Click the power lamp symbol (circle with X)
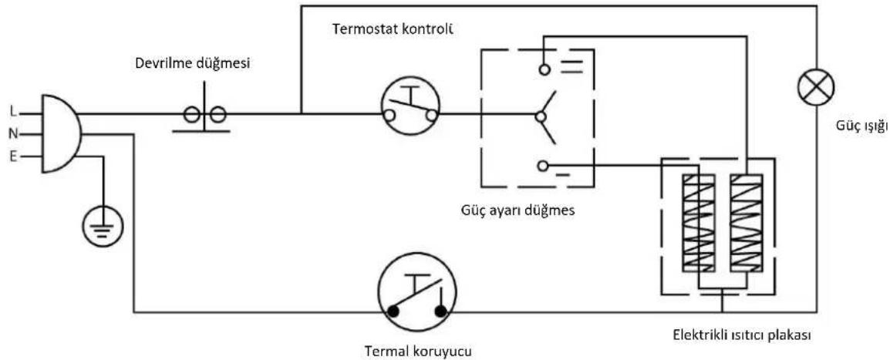[x=816, y=88]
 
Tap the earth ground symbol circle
[x=102, y=225]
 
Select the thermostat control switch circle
[x=410, y=104]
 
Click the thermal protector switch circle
[x=416, y=298]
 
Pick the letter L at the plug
[x=14, y=113]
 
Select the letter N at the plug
[x=12, y=134]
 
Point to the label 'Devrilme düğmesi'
[x=192, y=63]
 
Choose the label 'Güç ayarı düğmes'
[x=517, y=211]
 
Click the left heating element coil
[x=699, y=222]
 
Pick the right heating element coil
[x=747, y=222]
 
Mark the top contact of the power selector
[x=544, y=69]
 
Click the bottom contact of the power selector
[x=543, y=166]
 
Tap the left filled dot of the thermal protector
[x=393, y=311]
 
